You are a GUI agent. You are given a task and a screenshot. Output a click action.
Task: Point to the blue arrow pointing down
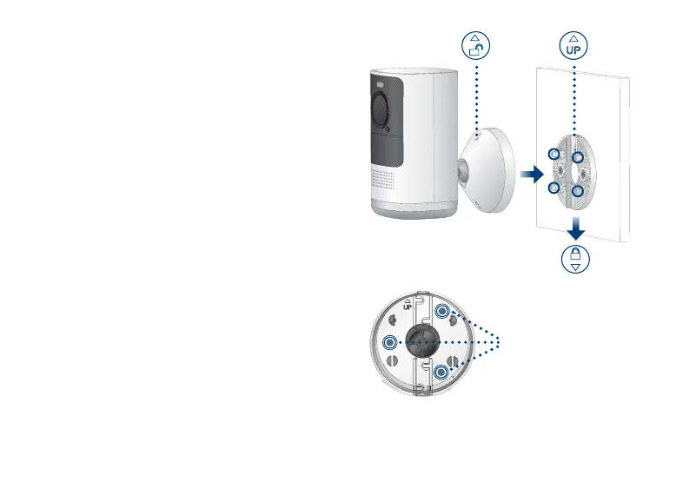click(574, 229)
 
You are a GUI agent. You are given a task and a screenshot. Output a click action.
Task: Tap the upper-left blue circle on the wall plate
click(554, 155)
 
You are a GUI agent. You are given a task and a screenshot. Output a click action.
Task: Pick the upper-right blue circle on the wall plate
click(576, 158)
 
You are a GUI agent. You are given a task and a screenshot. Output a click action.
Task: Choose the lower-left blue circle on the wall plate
click(553, 188)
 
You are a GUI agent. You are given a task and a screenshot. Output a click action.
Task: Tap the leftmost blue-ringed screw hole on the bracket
click(389, 342)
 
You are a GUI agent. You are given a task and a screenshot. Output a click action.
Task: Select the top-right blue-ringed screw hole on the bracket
click(442, 313)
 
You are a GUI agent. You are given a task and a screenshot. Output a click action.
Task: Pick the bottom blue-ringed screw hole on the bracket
click(442, 373)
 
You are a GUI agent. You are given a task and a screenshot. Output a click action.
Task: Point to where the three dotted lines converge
click(500, 342)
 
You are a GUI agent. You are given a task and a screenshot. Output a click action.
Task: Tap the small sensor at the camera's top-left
click(380, 84)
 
